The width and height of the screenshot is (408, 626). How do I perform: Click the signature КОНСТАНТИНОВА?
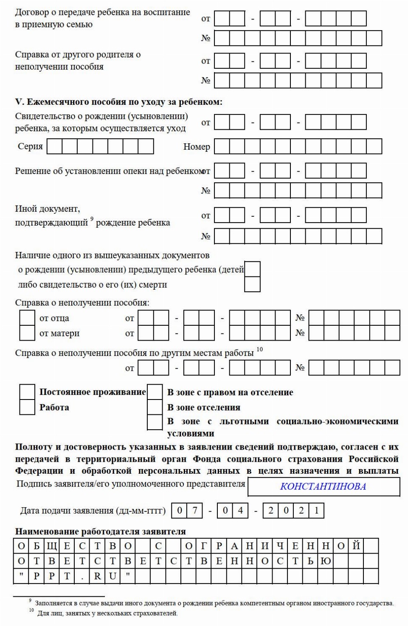pyautogui.click(x=323, y=486)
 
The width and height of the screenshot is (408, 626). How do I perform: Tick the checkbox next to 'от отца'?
pyautogui.click(x=27, y=318)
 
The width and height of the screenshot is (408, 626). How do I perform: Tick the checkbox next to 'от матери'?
pyautogui.click(x=27, y=333)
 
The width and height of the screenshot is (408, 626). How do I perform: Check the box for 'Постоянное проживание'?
pyautogui.click(x=27, y=392)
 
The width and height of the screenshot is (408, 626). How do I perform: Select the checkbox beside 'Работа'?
pyautogui.click(x=27, y=407)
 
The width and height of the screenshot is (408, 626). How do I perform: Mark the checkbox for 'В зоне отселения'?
pyautogui.click(x=154, y=407)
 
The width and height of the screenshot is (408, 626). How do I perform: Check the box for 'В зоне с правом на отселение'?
pyautogui.click(x=154, y=392)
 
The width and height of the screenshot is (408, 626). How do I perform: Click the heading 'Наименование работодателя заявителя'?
pyautogui.click(x=100, y=531)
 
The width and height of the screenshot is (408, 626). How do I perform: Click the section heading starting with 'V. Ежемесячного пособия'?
pyautogui.click(x=118, y=102)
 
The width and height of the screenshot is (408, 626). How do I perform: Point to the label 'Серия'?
pyautogui.click(x=30, y=146)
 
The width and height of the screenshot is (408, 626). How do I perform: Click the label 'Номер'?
pyautogui.click(x=197, y=147)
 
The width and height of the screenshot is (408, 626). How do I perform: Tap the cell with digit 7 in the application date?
pyautogui.click(x=195, y=510)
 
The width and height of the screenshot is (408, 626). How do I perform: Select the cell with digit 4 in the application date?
pyautogui.click(x=240, y=510)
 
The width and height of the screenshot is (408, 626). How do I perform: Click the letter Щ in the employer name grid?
pyautogui.click(x=52, y=546)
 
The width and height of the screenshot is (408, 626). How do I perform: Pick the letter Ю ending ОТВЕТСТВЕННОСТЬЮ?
pyautogui.click(x=326, y=561)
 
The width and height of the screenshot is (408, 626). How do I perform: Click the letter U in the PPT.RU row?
pyautogui.click(x=113, y=576)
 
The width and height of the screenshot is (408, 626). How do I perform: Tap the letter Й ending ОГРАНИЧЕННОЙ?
pyautogui.click(x=356, y=546)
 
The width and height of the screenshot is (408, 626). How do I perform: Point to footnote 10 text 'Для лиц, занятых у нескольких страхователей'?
pyautogui.click(x=107, y=613)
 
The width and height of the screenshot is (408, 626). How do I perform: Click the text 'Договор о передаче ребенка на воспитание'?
pyautogui.click(x=102, y=12)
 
